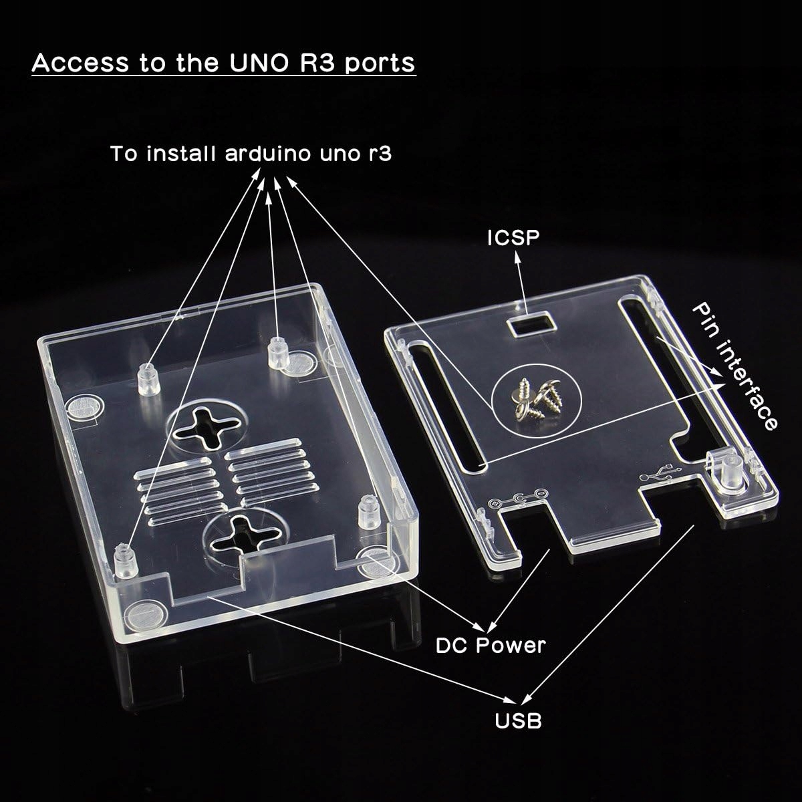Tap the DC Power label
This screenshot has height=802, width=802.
click(x=491, y=645)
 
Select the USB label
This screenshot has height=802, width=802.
click(x=518, y=720)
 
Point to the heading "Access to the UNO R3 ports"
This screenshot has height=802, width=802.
click(x=223, y=63)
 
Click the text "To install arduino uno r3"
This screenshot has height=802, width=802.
click(x=251, y=154)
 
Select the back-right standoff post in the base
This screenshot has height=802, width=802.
click(x=276, y=353)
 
